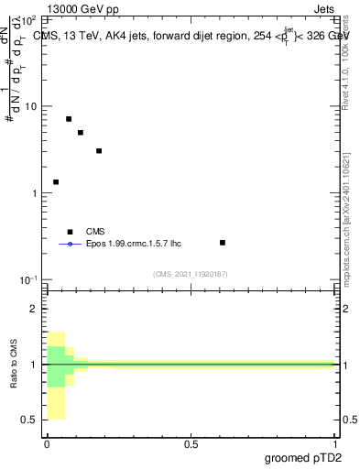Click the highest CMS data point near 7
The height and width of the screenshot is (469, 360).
(69, 119)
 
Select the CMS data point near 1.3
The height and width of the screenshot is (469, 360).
(56, 182)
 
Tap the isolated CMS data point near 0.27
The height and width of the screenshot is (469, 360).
(223, 243)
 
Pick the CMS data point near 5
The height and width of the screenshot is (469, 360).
(81, 133)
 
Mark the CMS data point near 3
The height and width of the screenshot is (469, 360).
(99, 151)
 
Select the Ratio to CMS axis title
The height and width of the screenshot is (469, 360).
(14, 365)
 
